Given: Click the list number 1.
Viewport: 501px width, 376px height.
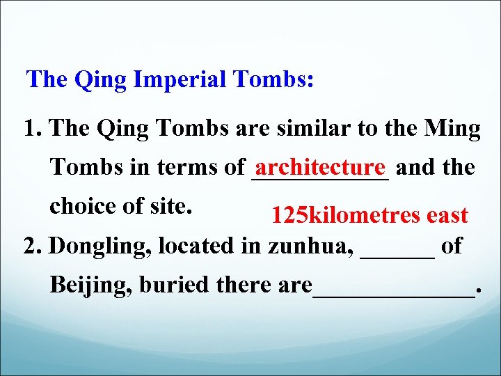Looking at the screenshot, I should click(x=31, y=129).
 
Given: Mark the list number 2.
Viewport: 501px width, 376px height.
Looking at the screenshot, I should click(x=31, y=246).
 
